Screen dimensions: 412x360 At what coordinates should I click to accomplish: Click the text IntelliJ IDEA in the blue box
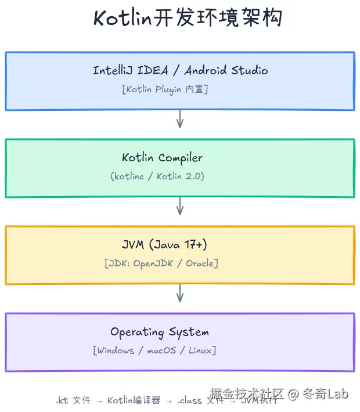[x=131, y=70]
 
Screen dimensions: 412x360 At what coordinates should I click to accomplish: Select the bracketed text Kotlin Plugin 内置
[x=165, y=89]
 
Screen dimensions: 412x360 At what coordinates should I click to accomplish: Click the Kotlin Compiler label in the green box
[x=162, y=157]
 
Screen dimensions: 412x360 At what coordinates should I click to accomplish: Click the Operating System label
[x=160, y=332]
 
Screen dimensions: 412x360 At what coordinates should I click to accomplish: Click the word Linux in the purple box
[x=200, y=350]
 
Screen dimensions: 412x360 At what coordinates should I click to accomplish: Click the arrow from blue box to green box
[x=180, y=119]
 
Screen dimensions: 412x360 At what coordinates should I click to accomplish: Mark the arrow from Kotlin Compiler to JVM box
[x=180, y=206]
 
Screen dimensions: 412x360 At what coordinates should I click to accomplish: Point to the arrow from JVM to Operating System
[x=180, y=293]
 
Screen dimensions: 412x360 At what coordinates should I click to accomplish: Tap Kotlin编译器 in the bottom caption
[x=134, y=400]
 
